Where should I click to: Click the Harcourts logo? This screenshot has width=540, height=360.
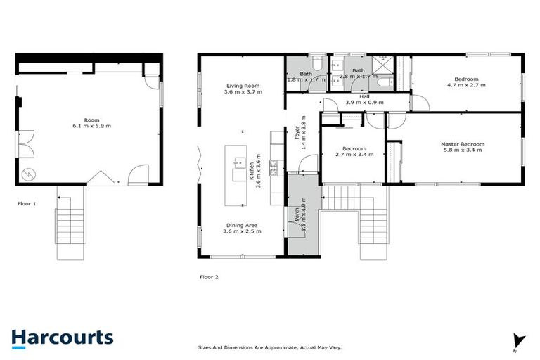point(62,337)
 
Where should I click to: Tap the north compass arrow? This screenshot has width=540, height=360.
point(519,340)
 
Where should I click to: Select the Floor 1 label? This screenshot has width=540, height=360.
point(27,203)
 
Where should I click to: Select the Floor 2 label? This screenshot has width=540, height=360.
point(209,276)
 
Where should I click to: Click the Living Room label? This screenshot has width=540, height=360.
point(243,85)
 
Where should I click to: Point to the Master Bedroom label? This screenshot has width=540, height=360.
point(463,144)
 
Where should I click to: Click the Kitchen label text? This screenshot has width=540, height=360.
point(251,171)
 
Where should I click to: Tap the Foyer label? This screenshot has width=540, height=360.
point(296,134)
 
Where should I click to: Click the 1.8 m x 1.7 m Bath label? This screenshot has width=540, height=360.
point(306,76)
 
